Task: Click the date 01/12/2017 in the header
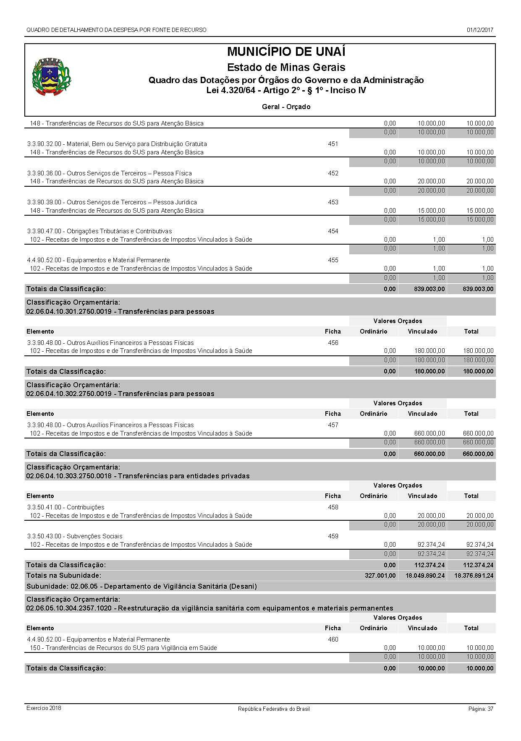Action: point(479,30)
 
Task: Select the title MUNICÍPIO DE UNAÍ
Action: point(286,52)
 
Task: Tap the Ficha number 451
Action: point(333,144)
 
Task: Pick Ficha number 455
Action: point(333,260)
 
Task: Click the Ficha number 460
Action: point(333,639)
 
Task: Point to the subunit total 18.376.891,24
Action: point(474,576)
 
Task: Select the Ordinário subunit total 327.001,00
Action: point(380,576)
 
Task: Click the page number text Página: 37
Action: point(481,709)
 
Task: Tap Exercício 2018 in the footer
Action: point(44,708)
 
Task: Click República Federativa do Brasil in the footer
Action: point(274,709)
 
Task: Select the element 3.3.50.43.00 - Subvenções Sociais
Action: point(75,536)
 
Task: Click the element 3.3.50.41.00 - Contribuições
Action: point(65,507)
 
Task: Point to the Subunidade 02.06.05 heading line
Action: point(141,586)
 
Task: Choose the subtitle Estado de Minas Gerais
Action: point(286,67)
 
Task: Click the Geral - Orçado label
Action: point(286,107)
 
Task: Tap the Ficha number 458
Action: point(333,507)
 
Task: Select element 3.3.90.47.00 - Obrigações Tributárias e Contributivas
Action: point(99,231)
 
